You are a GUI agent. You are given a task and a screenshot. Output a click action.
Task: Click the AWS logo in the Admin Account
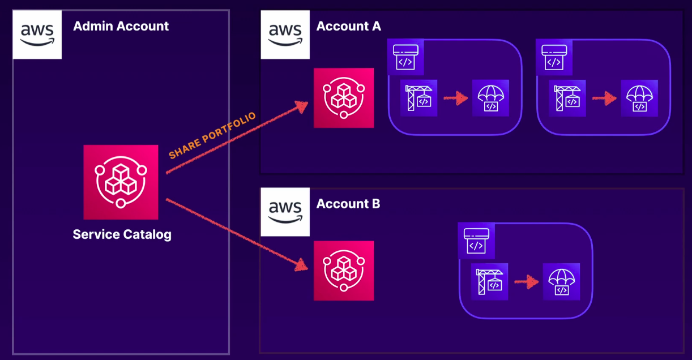[x=37, y=34]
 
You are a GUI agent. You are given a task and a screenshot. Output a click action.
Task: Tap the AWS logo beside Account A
[x=285, y=34]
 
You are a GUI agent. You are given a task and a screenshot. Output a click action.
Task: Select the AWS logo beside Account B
[x=285, y=212]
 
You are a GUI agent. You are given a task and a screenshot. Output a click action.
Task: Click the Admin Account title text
[x=121, y=26]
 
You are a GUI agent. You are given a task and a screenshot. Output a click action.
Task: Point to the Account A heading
[x=348, y=26]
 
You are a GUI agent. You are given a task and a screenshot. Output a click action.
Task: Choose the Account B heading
[x=348, y=204]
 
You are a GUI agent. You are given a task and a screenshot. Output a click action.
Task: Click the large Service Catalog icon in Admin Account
[x=121, y=182]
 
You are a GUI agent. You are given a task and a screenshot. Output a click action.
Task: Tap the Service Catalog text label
[x=122, y=234]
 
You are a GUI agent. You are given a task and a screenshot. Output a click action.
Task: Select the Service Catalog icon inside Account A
[x=344, y=97]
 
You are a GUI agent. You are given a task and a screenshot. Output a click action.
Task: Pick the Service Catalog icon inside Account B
[x=344, y=271]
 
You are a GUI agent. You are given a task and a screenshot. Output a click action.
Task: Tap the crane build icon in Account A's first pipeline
[x=418, y=98]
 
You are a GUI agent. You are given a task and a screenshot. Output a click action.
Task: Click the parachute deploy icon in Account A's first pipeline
[x=490, y=98]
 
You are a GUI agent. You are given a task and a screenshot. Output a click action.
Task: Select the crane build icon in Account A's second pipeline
[x=567, y=98]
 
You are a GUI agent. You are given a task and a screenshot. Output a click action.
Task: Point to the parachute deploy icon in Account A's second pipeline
[x=639, y=98]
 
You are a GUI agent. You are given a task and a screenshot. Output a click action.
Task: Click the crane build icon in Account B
[x=490, y=281]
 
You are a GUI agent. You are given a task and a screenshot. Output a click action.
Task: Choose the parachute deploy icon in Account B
[x=561, y=281]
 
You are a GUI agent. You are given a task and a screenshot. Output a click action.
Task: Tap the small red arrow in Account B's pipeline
[x=526, y=281]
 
